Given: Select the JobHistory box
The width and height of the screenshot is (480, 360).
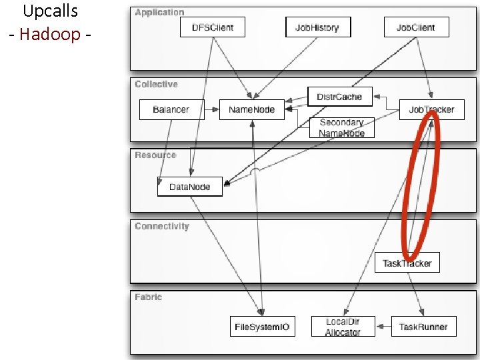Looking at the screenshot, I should coord(317,27).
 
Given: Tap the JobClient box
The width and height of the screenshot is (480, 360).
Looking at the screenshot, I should coord(416,27).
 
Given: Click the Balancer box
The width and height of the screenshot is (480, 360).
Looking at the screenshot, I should coord(171,109).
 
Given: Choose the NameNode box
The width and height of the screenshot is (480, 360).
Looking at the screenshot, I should coord(251,109).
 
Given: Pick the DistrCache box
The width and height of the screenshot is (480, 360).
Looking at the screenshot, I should coord(339,97).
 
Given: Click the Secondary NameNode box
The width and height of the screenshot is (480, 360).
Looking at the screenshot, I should coord(342,127).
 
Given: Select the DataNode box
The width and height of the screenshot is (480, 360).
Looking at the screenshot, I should coord(189,187).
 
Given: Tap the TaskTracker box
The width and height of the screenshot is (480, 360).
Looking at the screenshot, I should coord(407,263).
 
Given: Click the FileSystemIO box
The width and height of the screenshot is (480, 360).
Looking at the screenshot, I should coord(262,327).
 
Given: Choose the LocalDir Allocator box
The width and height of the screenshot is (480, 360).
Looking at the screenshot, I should coord(343,327).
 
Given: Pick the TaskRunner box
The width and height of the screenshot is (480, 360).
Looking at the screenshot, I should coord(423,327).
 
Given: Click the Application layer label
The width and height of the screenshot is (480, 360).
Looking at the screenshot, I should coord(159,12).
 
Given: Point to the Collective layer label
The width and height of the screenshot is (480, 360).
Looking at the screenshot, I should coord(156,84).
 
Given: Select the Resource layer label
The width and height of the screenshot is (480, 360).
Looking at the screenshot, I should coord(155,155).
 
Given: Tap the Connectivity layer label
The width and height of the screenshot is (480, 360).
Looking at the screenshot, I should coord(162,226).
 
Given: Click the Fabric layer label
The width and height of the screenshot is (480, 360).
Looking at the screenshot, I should coord(148,297).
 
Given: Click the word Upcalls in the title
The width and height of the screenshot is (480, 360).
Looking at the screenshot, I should coord(50,11).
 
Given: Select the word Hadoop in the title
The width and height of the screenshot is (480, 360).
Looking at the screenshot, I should coord(50,34).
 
